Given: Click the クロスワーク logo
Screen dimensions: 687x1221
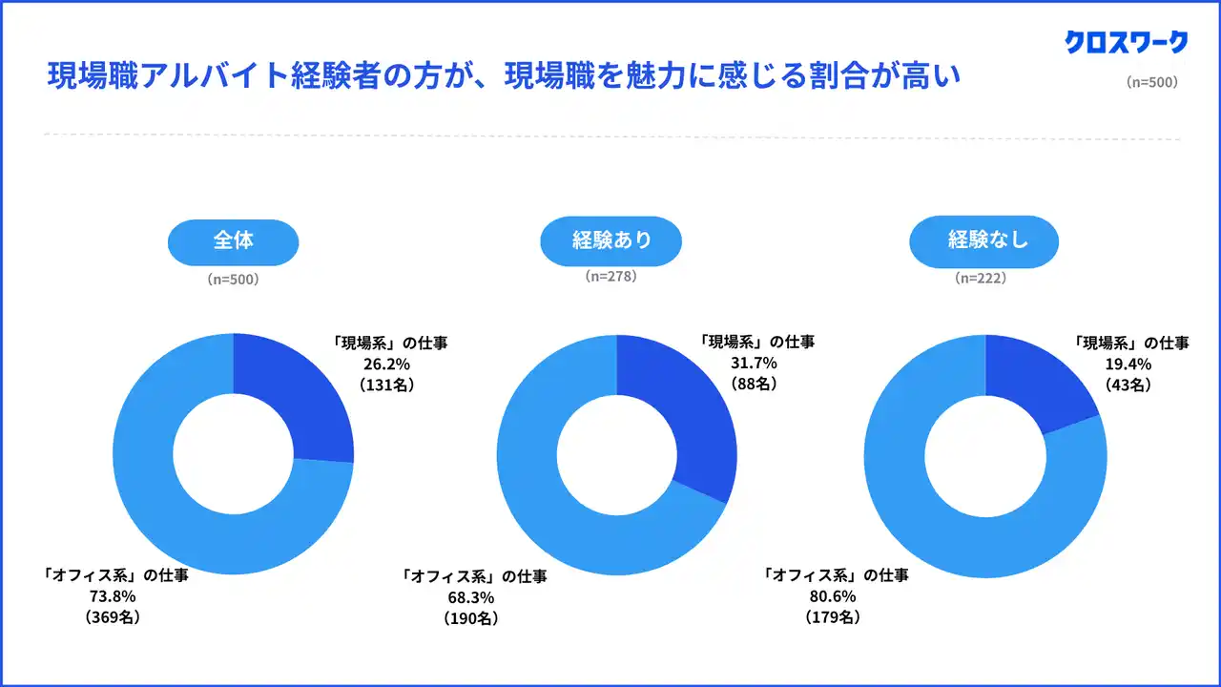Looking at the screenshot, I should click(x=1127, y=42).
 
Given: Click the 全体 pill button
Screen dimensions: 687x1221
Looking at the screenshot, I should click(x=233, y=240).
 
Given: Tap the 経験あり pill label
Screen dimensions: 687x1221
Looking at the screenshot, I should click(x=611, y=240).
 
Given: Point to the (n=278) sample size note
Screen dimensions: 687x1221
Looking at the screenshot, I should click(x=610, y=277).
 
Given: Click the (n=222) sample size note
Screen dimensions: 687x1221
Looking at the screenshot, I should click(x=981, y=279).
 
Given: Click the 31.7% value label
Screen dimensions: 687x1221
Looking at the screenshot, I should click(x=755, y=364).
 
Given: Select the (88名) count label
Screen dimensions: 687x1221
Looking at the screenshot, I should click(x=755, y=385).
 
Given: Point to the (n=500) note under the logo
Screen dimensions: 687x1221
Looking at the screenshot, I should click(x=1151, y=82).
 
